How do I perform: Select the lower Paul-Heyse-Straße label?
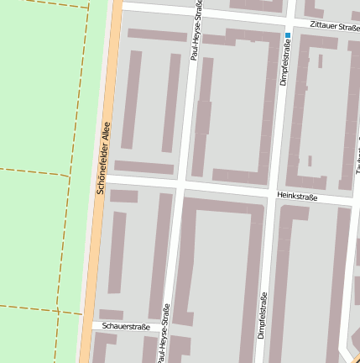tap(163, 333)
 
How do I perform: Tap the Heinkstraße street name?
tap(296, 197)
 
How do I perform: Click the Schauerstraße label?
tap(125, 326)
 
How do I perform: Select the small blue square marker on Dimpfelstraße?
tap(288, 35)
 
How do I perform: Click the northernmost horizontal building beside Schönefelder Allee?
tap(157, 35)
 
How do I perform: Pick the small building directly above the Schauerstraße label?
tap(111, 314)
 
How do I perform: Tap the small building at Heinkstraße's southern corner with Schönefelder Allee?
tap(123, 196)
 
